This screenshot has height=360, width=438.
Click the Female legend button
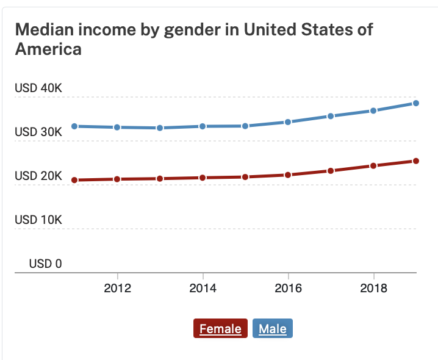(x=220, y=328)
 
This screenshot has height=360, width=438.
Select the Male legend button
(x=273, y=328)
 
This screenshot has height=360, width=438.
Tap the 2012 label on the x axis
(x=117, y=288)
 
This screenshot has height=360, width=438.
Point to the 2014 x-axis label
(x=203, y=288)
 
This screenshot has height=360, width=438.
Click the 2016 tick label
(x=289, y=288)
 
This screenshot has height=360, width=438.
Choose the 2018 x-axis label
(x=374, y=288)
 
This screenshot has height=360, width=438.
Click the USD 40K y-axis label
(x=38, y=88)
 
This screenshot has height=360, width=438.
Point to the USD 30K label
(x=38, y=132)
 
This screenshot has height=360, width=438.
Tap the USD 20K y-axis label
(x=38, y=176)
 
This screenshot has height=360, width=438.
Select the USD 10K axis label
(x=38, y=220)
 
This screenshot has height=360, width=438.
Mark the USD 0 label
(x=46, y=264)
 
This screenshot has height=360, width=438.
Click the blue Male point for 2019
(x=415, y=103)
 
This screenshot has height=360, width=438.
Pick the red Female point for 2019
(x=415, y=161)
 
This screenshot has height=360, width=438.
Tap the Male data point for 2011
(x=74, y=126)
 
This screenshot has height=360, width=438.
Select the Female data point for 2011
(x=74, y=180)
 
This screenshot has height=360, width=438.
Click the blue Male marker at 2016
(x=288, y=122)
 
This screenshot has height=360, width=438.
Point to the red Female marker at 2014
(x=203, y=178)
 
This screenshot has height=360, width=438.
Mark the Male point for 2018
(x=373, y=111)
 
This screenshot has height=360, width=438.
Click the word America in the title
(x=48, y=49)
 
